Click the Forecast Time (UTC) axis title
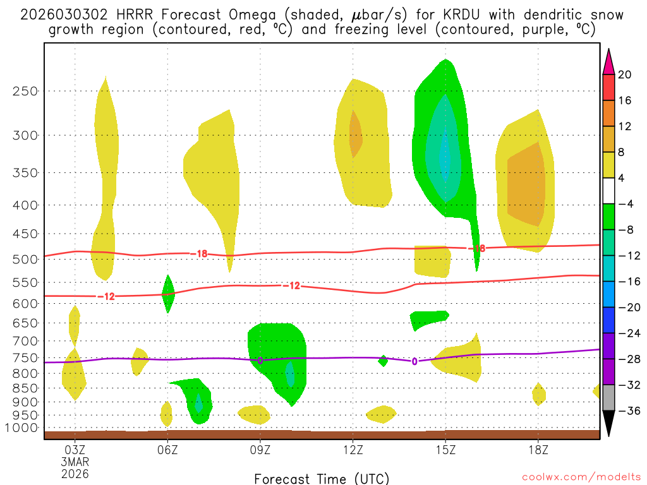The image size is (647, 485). [322, 479]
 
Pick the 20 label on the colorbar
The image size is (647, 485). [625, 75]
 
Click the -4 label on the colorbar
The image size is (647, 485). [625, 204]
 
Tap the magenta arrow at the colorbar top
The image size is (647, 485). [608, 61]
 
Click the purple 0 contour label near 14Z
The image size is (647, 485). [414, 362]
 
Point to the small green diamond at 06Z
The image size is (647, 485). [167, 294]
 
